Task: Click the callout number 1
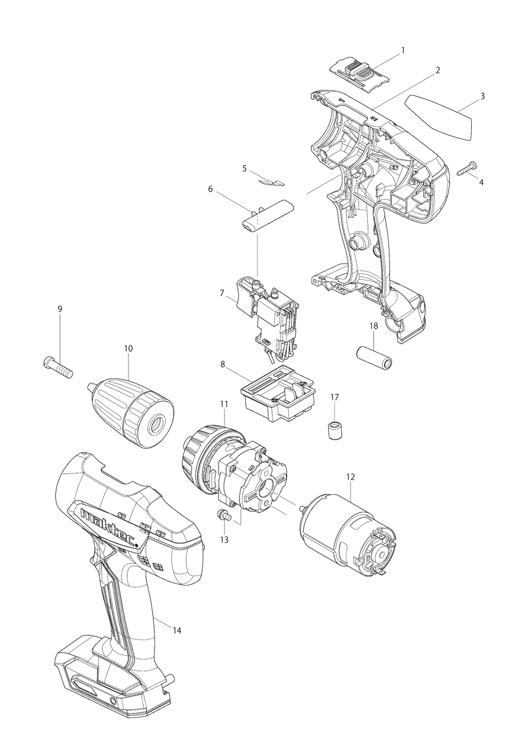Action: click(x=403, y=51)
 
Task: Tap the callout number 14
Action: click(x=177, y=630)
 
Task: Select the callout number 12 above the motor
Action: click(x=350, y=477)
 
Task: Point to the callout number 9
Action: click(x=60, y=309)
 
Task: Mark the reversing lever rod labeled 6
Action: click(x=268, y=216)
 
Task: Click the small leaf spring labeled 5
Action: click(x=270, y=181)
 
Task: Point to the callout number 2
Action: click(x=438, y=70)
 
